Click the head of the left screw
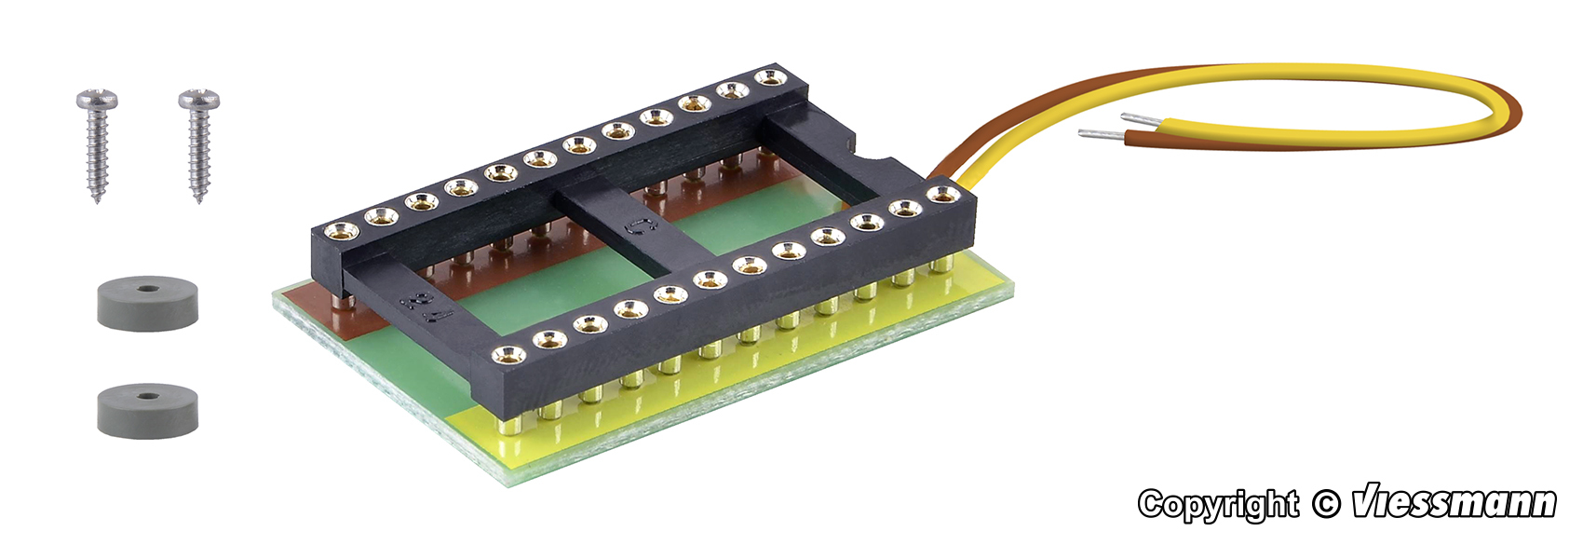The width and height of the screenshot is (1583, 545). point(97,98)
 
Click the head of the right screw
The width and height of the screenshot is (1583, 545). point(198,98)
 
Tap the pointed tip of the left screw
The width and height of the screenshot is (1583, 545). point(97,199)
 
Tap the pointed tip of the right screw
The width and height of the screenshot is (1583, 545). point(198,199)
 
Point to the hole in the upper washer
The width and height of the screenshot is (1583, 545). point(147,289)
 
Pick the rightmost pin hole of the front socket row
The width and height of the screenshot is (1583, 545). point(943,195)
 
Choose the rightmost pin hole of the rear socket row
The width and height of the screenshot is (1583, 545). point(769,76)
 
